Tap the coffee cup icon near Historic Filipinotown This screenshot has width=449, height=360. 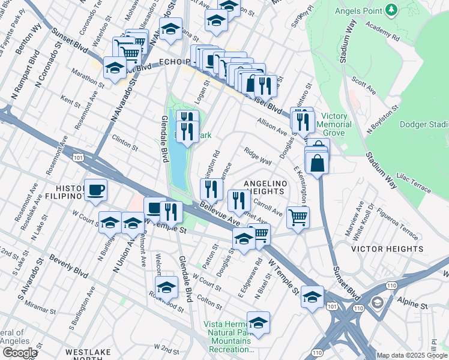95,191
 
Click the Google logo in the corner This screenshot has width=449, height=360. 19,352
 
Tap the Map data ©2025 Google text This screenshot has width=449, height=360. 412,355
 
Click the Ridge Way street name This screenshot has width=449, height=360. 258,157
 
